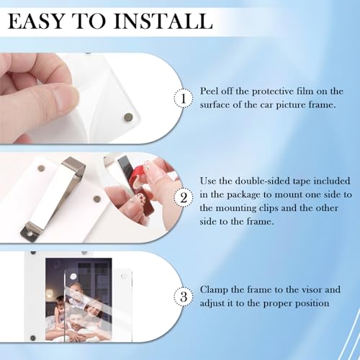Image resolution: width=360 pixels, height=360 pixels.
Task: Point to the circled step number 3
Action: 184,296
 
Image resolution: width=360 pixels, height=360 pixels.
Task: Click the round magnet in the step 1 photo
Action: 127,115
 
